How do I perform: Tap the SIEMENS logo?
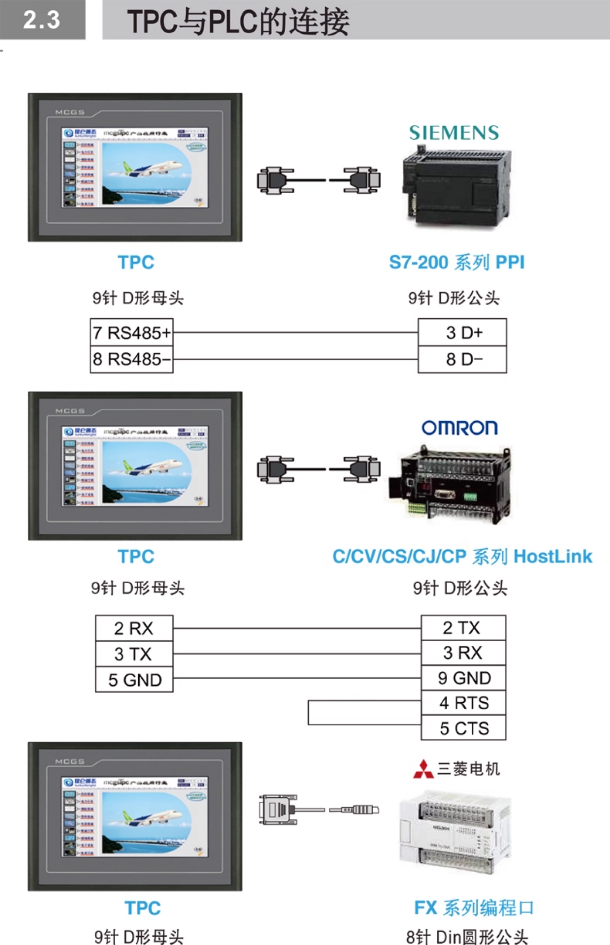tap(454, 133)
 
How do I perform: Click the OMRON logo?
tap(459, 428)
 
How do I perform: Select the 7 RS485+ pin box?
tap(132, 332)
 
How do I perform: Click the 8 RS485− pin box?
tap(132, 359)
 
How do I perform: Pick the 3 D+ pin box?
tap(462, 332)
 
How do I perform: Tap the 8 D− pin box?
tap(462, 359)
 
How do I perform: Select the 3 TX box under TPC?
tap(134, 654)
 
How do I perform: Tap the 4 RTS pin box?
tap(463, 703)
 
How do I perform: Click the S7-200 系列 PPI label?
tap(457, 262)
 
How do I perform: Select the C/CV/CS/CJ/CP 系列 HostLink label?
tap(462, 556)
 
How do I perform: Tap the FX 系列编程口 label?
tap(474, 907)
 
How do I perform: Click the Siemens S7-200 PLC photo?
tap(457, 186)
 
